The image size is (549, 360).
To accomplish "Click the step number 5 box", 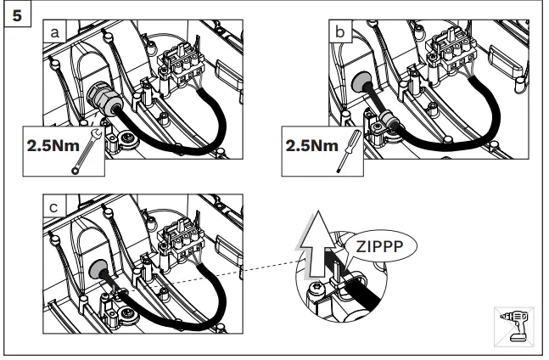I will click(14, 14).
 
